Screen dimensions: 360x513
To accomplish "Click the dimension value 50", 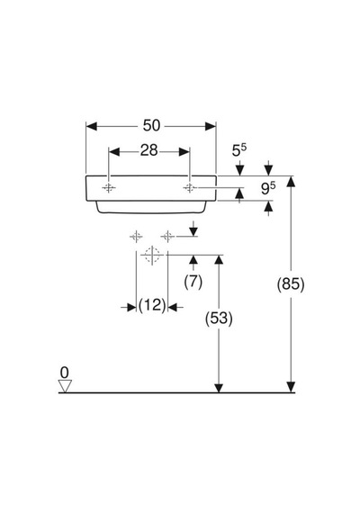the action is click(151, 125).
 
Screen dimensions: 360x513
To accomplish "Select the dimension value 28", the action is click(148, 150).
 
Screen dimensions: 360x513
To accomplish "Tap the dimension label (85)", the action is click(291, 284).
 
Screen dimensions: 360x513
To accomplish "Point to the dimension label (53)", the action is click(219, 318).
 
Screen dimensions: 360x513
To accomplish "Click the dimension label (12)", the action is click(152, 306).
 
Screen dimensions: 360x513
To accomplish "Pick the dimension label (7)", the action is click(193, 282).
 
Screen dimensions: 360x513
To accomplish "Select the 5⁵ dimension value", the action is click(238, 150).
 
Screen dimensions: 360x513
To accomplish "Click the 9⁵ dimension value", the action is click(268, 188).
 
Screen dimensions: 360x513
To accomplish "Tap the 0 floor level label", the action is click(65, 373).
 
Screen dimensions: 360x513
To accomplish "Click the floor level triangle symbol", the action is click(65, 386).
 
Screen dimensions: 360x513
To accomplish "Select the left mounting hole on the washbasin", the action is click(109, 188).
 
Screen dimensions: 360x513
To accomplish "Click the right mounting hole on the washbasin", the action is click(190, 188).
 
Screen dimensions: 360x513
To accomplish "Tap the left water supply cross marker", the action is click(136, 236).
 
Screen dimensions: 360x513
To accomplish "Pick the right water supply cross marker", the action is click(167, 236).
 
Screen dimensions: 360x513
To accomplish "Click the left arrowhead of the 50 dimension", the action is click(92, 126).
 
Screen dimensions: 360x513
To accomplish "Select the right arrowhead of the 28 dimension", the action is click(184, 151).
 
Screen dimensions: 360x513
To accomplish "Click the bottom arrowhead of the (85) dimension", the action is click(291, 387).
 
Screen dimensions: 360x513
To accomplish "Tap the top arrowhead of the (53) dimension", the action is click(219, 260).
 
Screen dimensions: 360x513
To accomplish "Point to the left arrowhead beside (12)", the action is click(130, 307).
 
